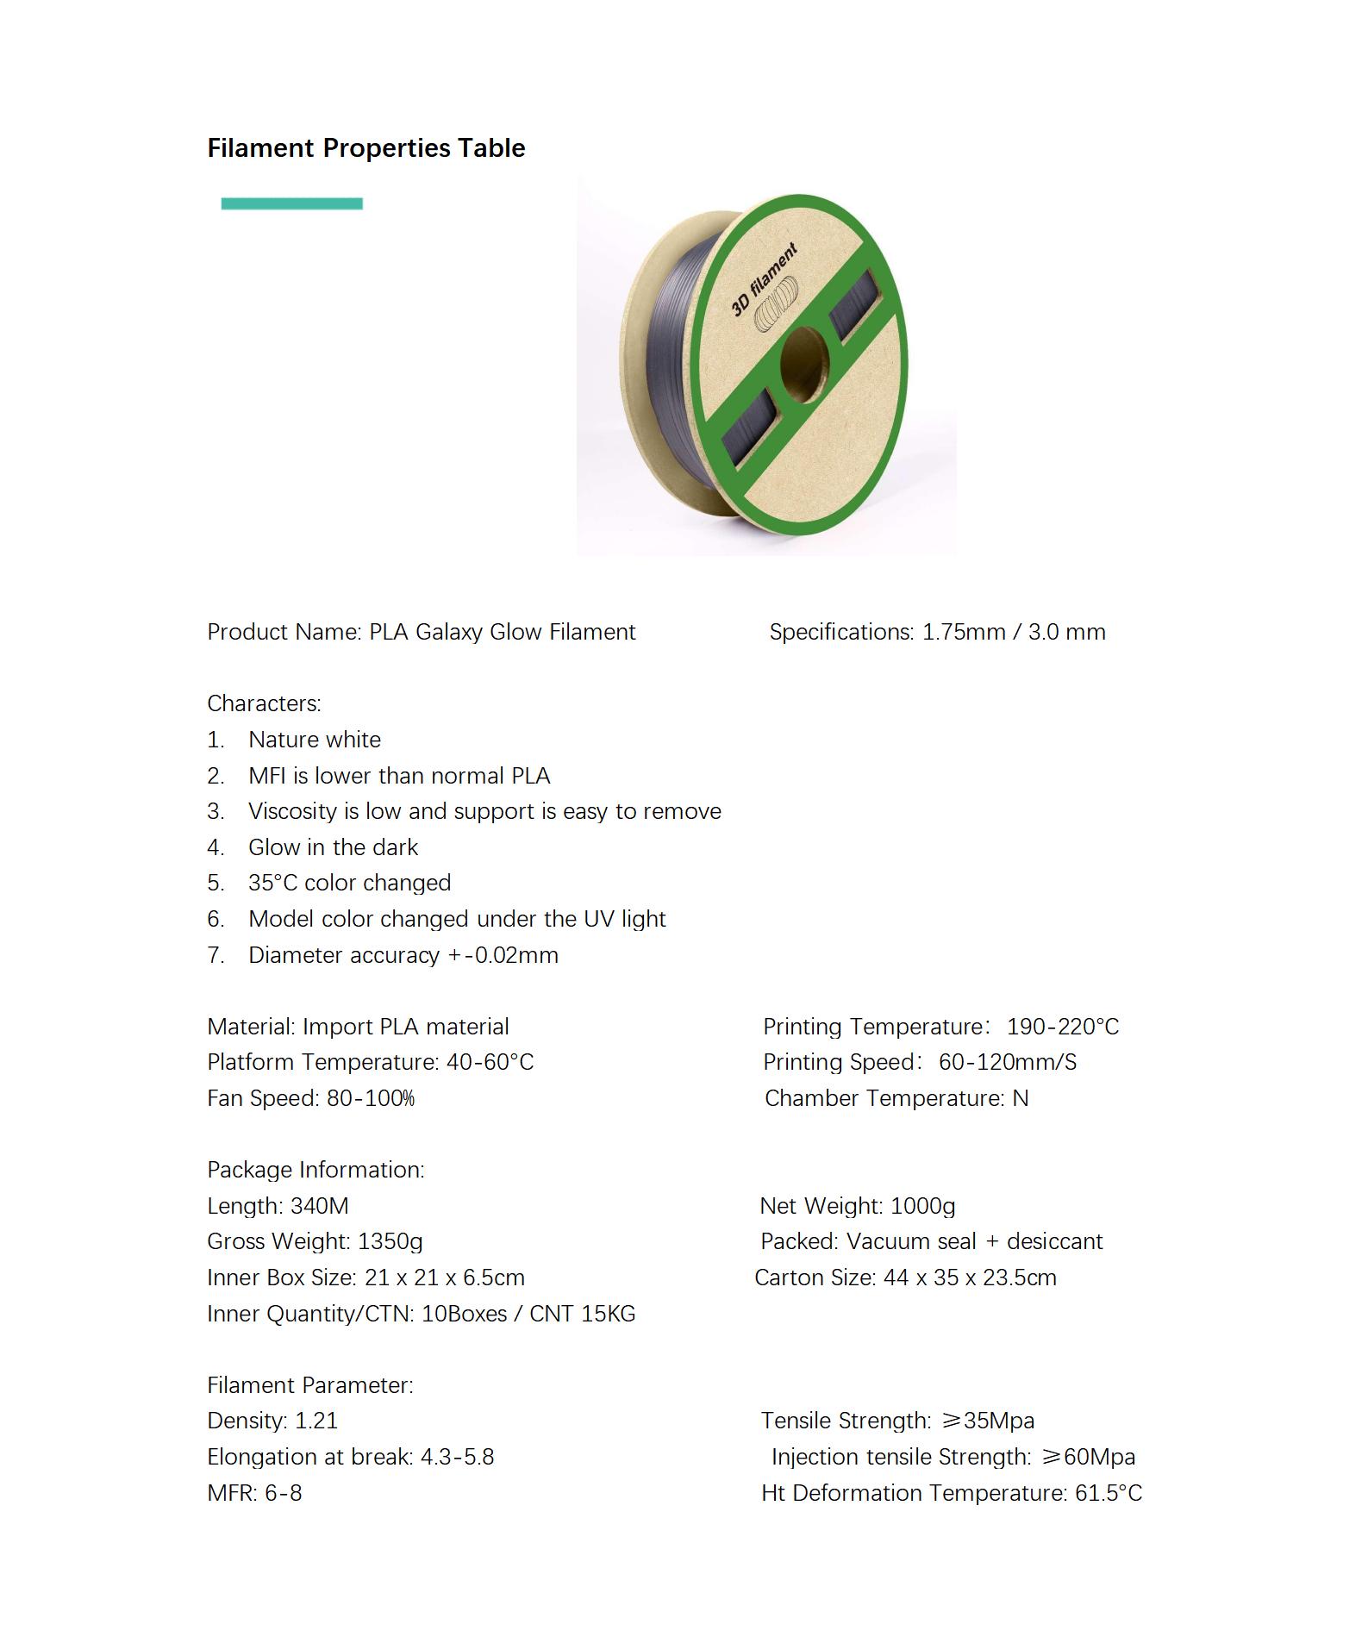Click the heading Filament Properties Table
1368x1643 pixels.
365,148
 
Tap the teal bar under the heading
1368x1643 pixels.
291,203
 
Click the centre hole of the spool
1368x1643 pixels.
804,364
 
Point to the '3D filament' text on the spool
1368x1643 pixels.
764,280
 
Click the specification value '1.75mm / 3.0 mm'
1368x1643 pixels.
1014,632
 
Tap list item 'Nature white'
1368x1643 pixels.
314,740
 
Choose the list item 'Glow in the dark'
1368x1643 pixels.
333,847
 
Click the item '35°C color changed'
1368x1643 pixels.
349,883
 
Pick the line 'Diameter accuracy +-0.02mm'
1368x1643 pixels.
403,955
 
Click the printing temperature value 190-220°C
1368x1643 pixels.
1063,1027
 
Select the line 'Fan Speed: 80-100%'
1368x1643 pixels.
310,1098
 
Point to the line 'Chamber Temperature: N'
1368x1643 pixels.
896,1098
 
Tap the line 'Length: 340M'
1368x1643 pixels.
278,1206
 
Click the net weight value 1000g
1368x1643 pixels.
922,1206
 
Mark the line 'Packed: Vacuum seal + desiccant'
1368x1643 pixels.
931,1241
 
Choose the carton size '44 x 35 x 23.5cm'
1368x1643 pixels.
970,1278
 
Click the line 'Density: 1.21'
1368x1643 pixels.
272,1421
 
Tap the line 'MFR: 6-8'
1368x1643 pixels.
254,1493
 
